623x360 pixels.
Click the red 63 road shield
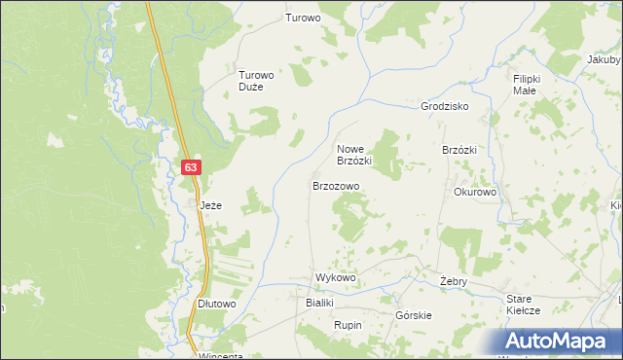tap(191, 167)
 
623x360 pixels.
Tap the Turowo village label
tap(302, 18)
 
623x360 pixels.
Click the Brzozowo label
tap(336, 185)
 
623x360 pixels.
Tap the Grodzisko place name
tap(445, 106)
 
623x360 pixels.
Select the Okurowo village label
tap(475, 192)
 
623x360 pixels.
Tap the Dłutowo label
tap(217, 304)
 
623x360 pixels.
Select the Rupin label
tap(348, 325)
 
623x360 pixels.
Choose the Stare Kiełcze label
tap(524, 304)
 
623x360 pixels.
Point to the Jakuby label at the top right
tap(605, 58)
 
